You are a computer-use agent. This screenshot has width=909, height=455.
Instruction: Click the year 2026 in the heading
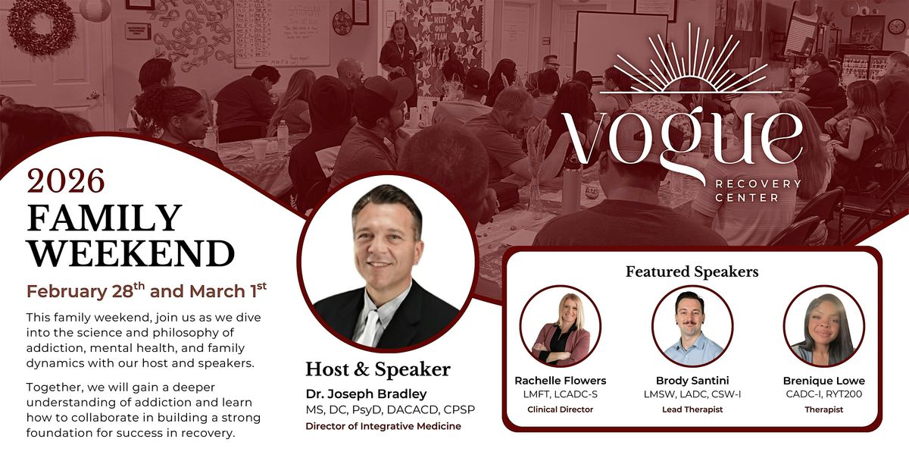(65, 182)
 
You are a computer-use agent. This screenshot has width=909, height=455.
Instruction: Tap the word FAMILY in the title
(105, 218)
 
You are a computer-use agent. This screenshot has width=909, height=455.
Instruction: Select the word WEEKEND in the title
(130, 253)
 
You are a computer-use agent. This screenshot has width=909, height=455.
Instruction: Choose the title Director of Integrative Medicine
(383, 426)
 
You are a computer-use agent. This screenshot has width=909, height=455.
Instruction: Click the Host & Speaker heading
(378, 369)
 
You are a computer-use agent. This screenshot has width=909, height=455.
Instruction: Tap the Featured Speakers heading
(692, 271)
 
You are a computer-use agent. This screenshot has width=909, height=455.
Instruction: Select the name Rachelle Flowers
(561, 380)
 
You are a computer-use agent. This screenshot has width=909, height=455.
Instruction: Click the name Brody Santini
(692, 380)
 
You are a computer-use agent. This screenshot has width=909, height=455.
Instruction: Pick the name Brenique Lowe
(823, 380)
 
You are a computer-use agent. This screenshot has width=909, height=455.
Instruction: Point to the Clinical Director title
(561, 409)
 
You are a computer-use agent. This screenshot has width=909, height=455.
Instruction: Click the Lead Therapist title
(692, 409)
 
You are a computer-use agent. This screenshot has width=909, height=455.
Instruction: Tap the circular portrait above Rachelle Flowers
(561, 326)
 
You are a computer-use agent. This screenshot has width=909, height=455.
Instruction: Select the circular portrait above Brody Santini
(692, 326)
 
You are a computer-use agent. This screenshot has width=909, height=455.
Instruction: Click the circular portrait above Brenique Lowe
(823, 326)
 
